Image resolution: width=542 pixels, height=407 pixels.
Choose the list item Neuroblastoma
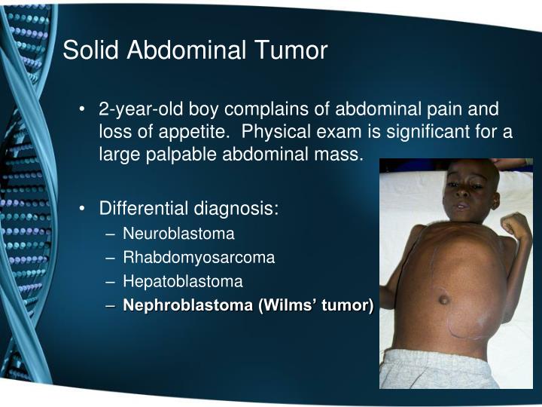(179, 234)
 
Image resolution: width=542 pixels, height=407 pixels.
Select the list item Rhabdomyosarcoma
(199, 258)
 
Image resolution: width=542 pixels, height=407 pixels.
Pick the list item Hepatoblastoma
(183, 282)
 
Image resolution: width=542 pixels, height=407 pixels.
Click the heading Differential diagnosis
(189, 207)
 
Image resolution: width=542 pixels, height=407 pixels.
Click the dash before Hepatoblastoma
(111, 282)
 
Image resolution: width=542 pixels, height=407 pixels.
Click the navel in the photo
(445, 299)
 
